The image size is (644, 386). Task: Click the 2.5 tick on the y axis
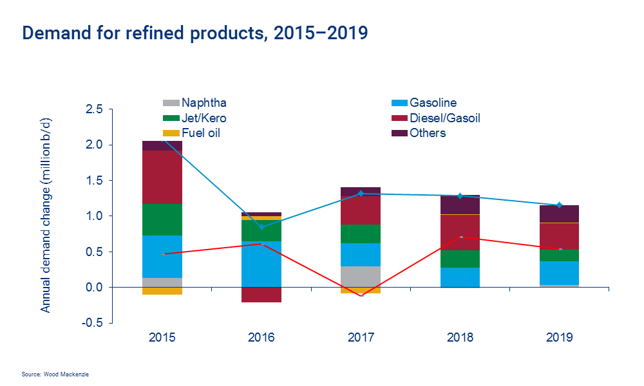(95, 109)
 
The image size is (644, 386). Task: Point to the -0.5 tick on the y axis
(93, 323)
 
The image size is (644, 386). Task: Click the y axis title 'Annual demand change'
(46, 216)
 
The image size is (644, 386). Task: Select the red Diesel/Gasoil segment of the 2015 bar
(162, 177)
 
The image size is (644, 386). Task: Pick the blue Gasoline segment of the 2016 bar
(261, 264)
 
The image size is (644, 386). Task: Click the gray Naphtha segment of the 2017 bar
(361, 276)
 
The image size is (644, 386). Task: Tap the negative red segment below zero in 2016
(261, 295)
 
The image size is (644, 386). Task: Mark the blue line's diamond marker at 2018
(460, 196)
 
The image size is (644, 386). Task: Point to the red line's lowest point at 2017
(361, 295)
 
